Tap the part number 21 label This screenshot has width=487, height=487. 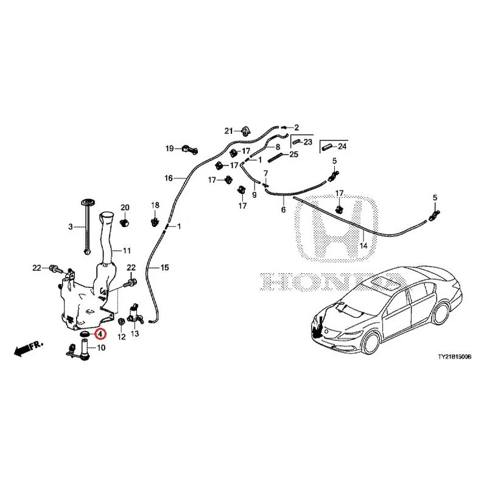(229, 131)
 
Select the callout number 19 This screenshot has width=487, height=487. (170, 149)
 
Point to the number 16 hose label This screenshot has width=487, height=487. (169, 178)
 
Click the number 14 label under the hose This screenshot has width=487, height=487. (364, 246)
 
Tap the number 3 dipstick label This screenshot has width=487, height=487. (70, 226)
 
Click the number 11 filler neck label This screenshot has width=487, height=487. (127, 250)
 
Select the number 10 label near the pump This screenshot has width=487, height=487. (101, 348)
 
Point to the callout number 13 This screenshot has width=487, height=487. (135, 335)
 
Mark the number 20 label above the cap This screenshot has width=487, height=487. (125, 208)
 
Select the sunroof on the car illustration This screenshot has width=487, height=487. (388, 282)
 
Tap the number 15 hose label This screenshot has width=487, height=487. (164, 267)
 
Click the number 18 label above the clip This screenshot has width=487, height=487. (155, 205)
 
